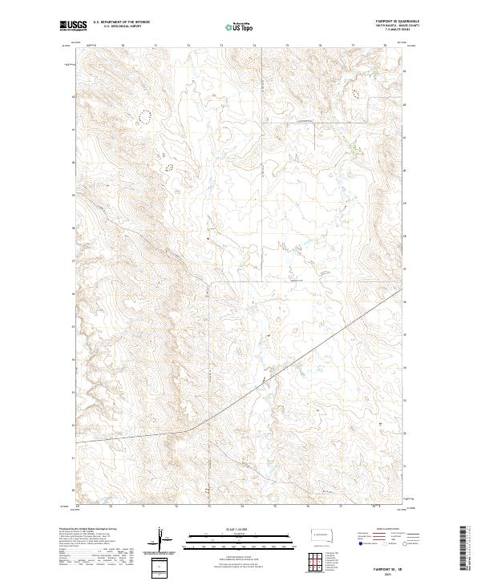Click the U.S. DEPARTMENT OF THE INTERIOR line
[121, 22]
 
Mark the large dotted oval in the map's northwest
[144, 116]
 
